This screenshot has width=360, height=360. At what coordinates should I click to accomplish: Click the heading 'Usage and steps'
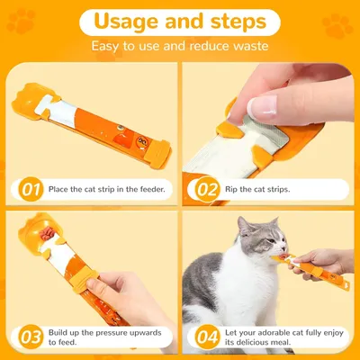tap(180, 21)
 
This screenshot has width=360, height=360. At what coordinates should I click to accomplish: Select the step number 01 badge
tap(31, 190)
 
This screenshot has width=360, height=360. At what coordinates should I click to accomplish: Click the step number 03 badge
tap(31, 337)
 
